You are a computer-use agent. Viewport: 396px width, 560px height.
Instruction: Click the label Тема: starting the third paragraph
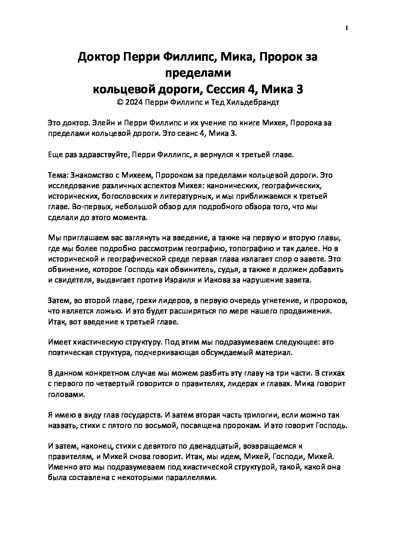click(x=58, y=175)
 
